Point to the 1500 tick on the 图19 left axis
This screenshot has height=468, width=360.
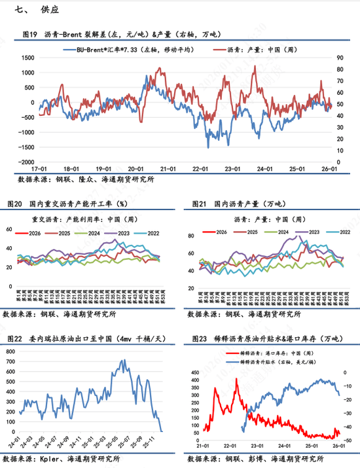[x=26, y=58]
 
